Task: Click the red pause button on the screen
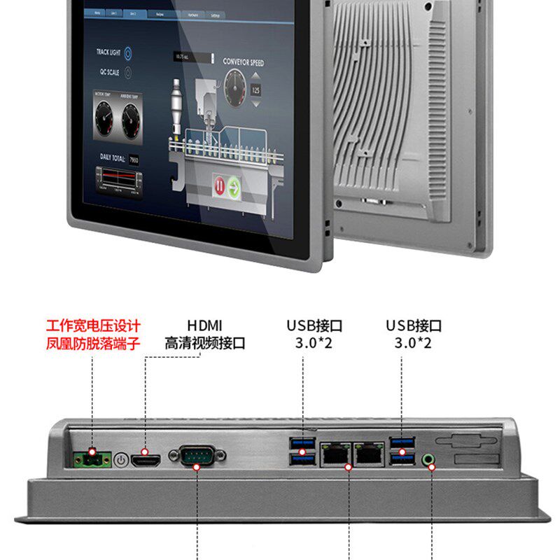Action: pyautogui.click(x=218, y=187)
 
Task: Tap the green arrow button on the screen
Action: pyautogui.click(x=234, y=187)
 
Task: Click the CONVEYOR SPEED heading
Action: pyautogui.click(x=243, y=62)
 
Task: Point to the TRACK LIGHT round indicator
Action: pyautogui.click(x=128, y=52)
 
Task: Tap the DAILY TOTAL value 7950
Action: pyautogui.click(x=133, y=160)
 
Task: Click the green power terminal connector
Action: pyautogui.click(x=92, y=459)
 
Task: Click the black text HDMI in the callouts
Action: pyautogui.click(x=204, y=325)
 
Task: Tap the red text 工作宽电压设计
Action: pyautogui.click(x=93, y=325)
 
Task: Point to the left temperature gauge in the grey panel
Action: pyautogui.click(x=107, y=116)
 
